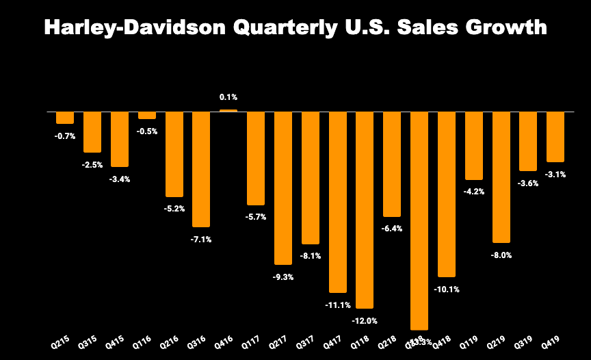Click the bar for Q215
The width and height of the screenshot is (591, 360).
point(65,117)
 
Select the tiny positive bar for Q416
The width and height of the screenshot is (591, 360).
point(228,110)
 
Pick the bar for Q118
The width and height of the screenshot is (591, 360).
point(365,209)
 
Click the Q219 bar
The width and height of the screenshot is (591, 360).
point(501,177)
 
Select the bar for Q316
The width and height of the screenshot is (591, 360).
point(201,168)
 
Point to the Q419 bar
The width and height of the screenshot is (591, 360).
point(555,136)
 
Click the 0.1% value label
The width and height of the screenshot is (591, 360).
point(228,98)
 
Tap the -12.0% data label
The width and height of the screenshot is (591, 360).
point(365,320)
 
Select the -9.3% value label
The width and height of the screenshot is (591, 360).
point(283,277)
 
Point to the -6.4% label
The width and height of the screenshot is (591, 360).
point(392,229)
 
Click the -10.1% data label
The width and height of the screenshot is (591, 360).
point(447,289)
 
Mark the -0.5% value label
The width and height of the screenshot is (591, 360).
point(147,131)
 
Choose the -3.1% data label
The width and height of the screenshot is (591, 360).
point(555,174)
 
